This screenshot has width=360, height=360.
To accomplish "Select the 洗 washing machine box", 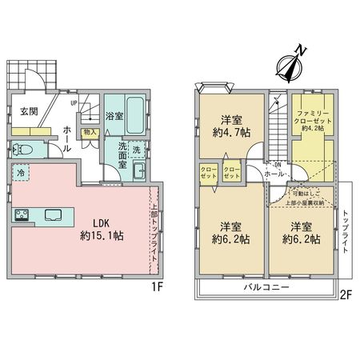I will tap(136, 150).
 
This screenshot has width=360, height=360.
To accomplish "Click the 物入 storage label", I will tap(90, 132).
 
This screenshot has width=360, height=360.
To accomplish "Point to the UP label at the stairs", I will tap(74, 103).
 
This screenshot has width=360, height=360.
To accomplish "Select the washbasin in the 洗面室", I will tap(138, 170).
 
